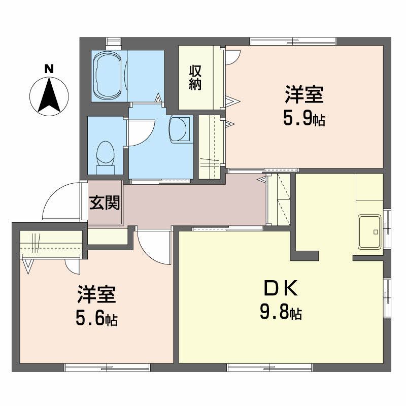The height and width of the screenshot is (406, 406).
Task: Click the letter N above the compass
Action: (x=49, y=68)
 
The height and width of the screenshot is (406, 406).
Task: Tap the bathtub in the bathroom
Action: (x=108, y=75)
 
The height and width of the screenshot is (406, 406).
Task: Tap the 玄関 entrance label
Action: (x=105, y=203)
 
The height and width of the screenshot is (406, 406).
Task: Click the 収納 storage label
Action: (x=195, y=77)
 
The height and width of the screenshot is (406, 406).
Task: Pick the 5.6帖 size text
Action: (x=96, y=319)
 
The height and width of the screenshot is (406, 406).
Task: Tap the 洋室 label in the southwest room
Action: (x=97, y=294)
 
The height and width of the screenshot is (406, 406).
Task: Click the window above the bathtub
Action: (x=113, y=41)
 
